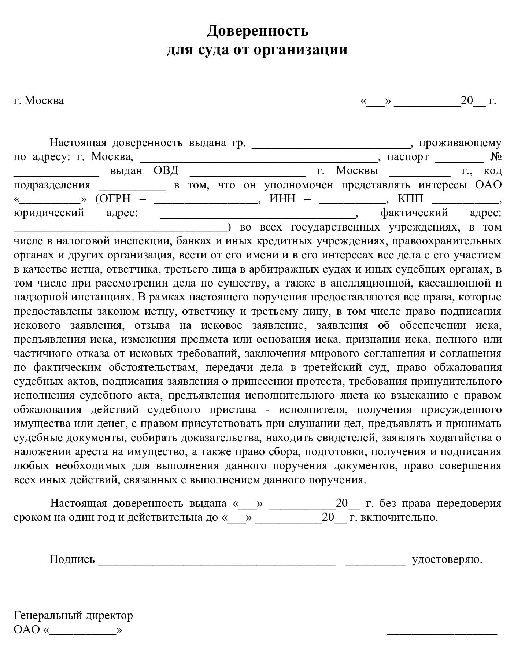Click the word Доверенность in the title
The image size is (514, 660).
(257, 31)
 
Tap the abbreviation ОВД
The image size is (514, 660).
(166, 171)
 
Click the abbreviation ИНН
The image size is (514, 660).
(282, 199)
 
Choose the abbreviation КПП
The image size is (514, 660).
(410, 199)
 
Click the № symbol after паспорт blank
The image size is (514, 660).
(496, 157)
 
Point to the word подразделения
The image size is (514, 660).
(52, 185)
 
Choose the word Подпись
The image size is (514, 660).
(72, 559)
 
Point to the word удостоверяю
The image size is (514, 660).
(447, 559)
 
